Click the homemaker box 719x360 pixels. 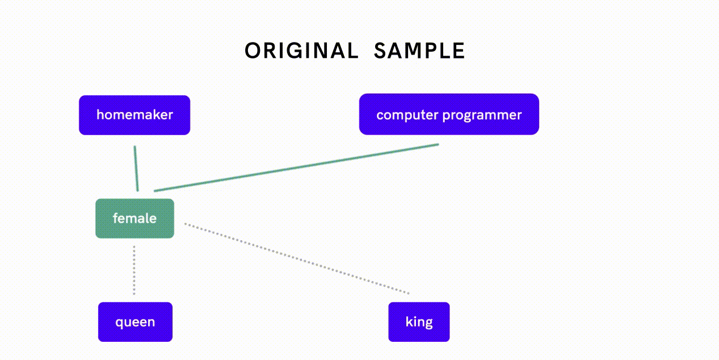pyautogui.click(x=134, y=115)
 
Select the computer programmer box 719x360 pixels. pyautogui.click(x=449, y=114)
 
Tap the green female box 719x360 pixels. pyautogui.click(x=135, y=219)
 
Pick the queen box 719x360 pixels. pyautogui.click(x=135, y=322)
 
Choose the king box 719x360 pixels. pyautogui.click(x=419, y=322)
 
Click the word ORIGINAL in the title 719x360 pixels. pyautogui.click(x=301, y=51)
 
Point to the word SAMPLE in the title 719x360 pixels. pyautogui.click(x=419, y=51)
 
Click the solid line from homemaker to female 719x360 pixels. pyautogui.click(x=136, y=169)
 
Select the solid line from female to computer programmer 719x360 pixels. pyautogui.click(x=296, y=168)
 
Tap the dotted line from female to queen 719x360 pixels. pyautogui.click(x=134, y=270)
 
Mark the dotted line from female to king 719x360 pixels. pyautogui.click(x=297, y=258)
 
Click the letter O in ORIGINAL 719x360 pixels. pyautogui.click(x=253, y=51)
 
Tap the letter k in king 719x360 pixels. pyautogui.click(x=409, y=321)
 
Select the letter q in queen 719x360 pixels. pyautogui.click(x=119, y=323)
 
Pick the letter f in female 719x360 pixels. pyautogui.click(x=116, y=218)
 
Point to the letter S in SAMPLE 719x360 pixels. pyautogui.click(x=380, y=51)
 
